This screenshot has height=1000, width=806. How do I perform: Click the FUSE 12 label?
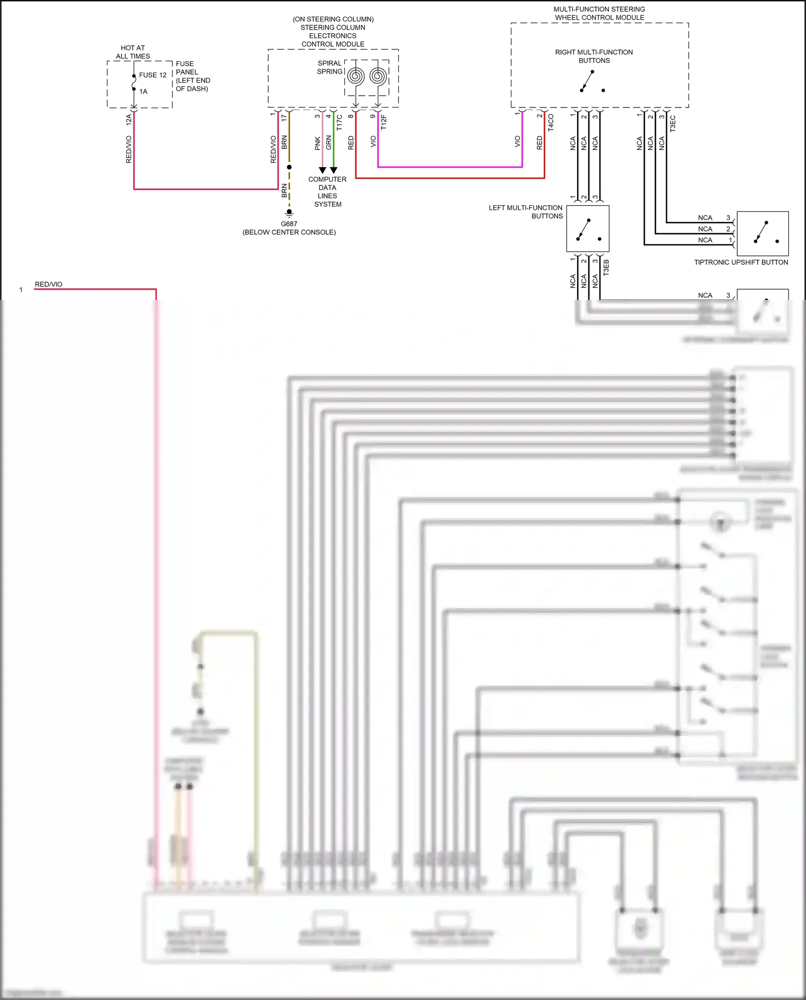[x=153, y=75]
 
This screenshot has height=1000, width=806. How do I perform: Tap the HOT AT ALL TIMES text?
[x=133, y=52]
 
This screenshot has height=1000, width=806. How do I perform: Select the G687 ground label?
[x=289, y=224]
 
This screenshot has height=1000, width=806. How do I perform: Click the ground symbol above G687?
[x=289, y=213]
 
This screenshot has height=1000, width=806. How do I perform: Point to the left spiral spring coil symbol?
[x=355, y=76]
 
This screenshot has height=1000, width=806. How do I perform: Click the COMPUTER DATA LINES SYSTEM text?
[x=327, y=192]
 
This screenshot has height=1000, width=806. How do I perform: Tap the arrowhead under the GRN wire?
[x=334, y=170]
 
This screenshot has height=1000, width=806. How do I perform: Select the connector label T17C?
[x=340, y=123]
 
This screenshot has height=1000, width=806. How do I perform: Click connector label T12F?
[x=384, y=122]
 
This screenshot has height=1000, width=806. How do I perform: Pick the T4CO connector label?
[x=551, y=123]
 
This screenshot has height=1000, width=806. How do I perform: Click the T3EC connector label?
[x=673, y=124]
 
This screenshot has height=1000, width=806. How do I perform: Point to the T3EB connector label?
[x=606, y=268]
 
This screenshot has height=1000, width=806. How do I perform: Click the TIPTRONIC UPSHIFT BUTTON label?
[x=741, y=262]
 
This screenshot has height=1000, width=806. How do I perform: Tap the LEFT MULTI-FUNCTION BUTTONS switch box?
[x=588, y=228]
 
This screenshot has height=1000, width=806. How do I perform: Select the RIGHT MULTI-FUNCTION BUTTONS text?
[x=594, y=56]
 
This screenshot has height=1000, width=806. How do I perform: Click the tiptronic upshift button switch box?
[x=762, y=233]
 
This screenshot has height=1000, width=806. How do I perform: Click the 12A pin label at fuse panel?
[x=128, y=120]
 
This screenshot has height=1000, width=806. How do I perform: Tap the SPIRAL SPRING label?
[x=329, y=67]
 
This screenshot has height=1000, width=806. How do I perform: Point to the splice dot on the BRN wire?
[x=289, y=167]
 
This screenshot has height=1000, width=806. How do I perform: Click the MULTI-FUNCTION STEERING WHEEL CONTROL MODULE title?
[x=599, y=13]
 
